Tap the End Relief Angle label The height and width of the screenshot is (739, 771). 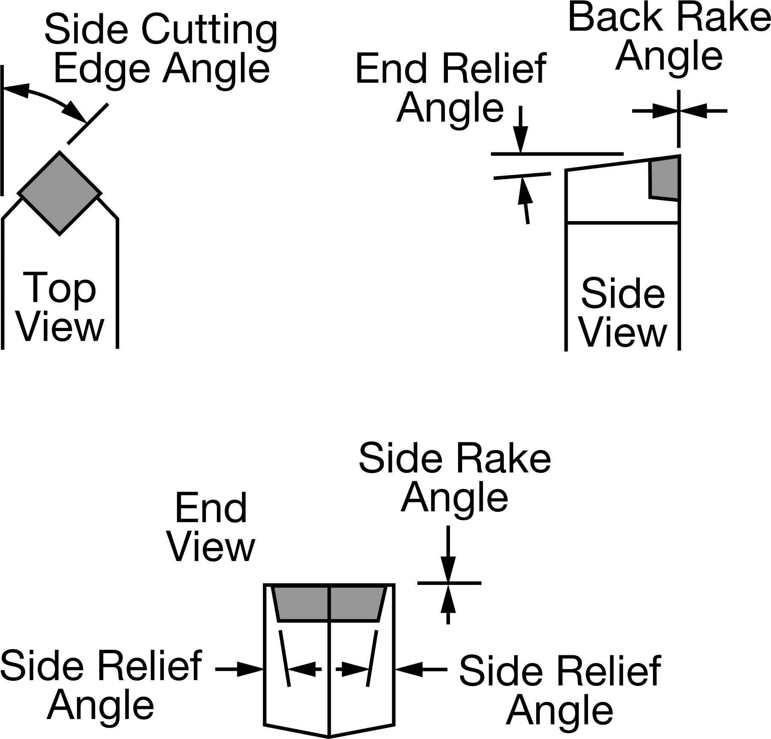tap(450, 88)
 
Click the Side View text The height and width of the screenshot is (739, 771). tap(623, 312)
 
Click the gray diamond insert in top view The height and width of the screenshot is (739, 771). tap(59, 193)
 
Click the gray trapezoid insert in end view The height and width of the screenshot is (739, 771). tap(329, 604)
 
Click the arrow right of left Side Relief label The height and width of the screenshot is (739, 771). tap(240, 669)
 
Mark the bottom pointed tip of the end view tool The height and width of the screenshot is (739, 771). tap(329, 735)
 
